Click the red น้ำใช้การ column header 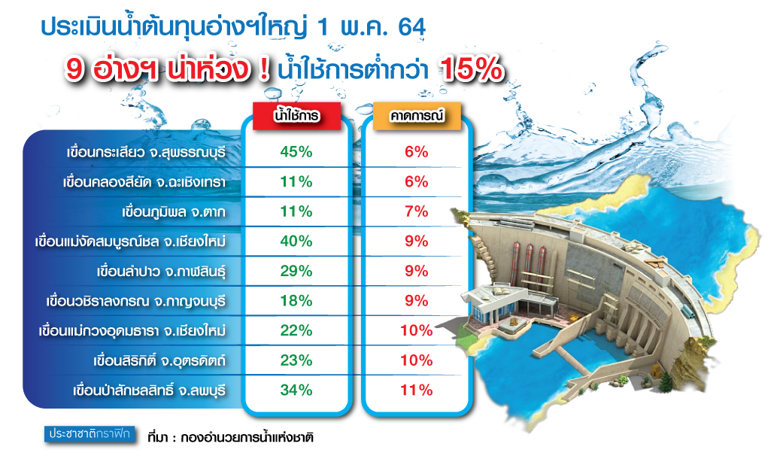296,116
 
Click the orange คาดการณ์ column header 417,116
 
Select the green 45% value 296,152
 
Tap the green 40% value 296,242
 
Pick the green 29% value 296,271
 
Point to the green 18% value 296,301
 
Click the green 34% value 296,390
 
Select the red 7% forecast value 417,211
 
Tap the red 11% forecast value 417,390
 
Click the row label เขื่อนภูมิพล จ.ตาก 174,212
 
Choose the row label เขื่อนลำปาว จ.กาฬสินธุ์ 161,272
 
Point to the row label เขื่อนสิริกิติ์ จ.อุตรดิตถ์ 159,360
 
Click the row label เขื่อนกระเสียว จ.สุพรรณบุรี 147,152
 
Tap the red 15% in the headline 472,68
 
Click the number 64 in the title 412,27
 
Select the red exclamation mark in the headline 265,69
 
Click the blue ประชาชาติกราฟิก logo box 90,434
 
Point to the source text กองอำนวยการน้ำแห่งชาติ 247,437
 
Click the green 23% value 296,360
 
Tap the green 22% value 296,330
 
